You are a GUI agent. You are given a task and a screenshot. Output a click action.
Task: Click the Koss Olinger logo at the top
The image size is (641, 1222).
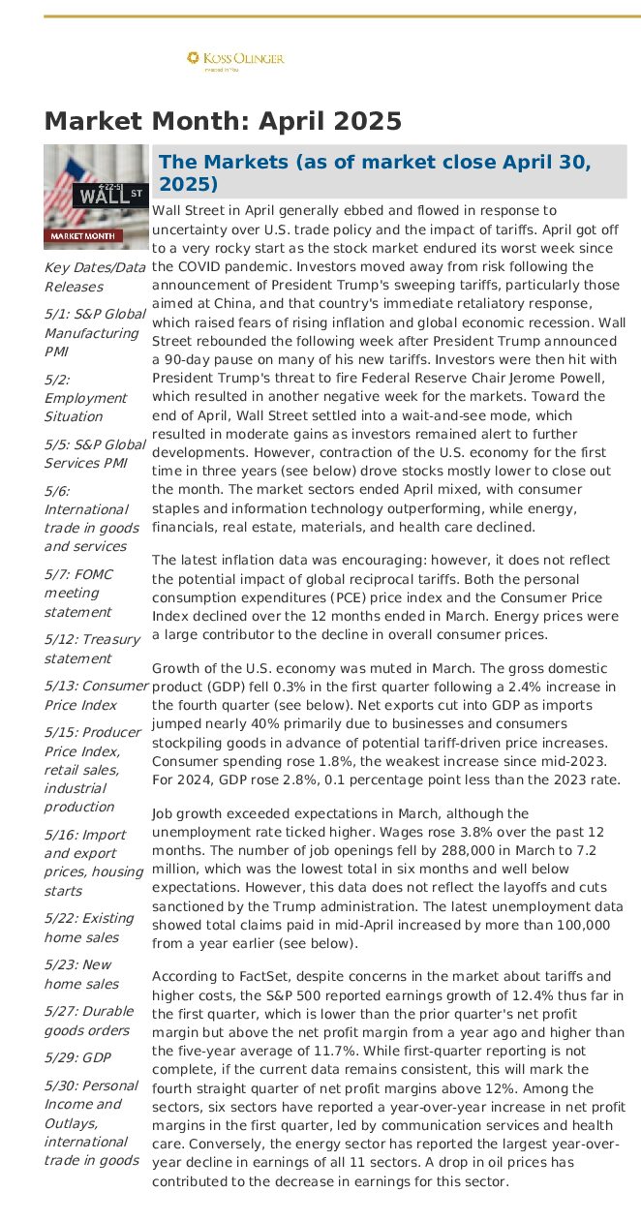click(235, 60)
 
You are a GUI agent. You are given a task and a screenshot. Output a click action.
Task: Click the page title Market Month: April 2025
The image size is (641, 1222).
click(223, 121)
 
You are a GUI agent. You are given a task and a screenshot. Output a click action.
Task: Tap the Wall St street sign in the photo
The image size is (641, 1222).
click(109, 194)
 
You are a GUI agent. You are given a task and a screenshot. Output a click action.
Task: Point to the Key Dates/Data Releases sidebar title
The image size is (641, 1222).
click(94, 277)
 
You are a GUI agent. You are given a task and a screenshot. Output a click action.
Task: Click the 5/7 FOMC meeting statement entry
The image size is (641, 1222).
click(78, 593)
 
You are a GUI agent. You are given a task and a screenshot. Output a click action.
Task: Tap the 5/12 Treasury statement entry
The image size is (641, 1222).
click(92, 649)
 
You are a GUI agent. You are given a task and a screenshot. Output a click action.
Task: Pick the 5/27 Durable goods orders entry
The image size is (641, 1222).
click(88, 1021)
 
